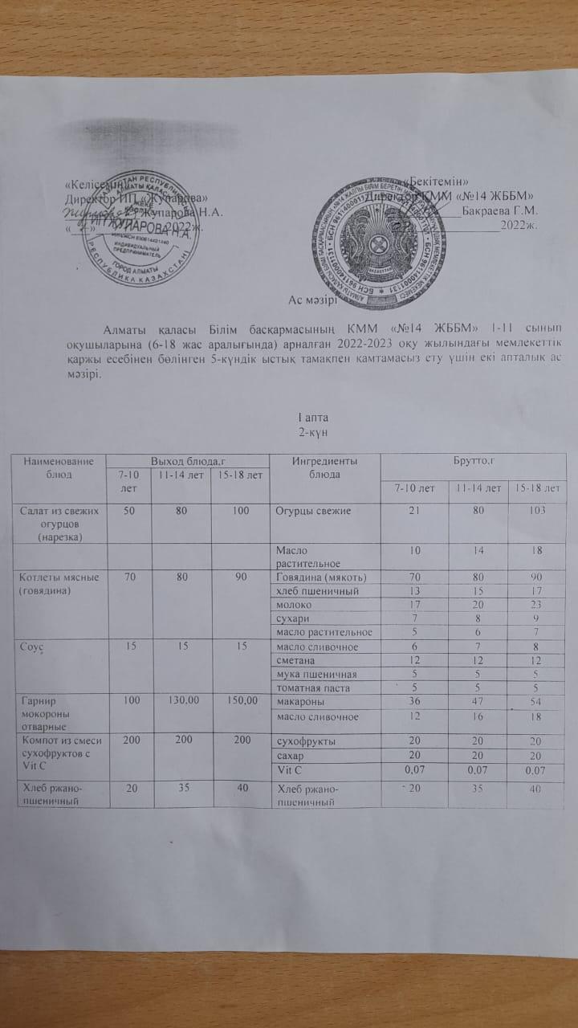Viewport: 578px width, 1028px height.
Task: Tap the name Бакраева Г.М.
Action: [x=500, y=211]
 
